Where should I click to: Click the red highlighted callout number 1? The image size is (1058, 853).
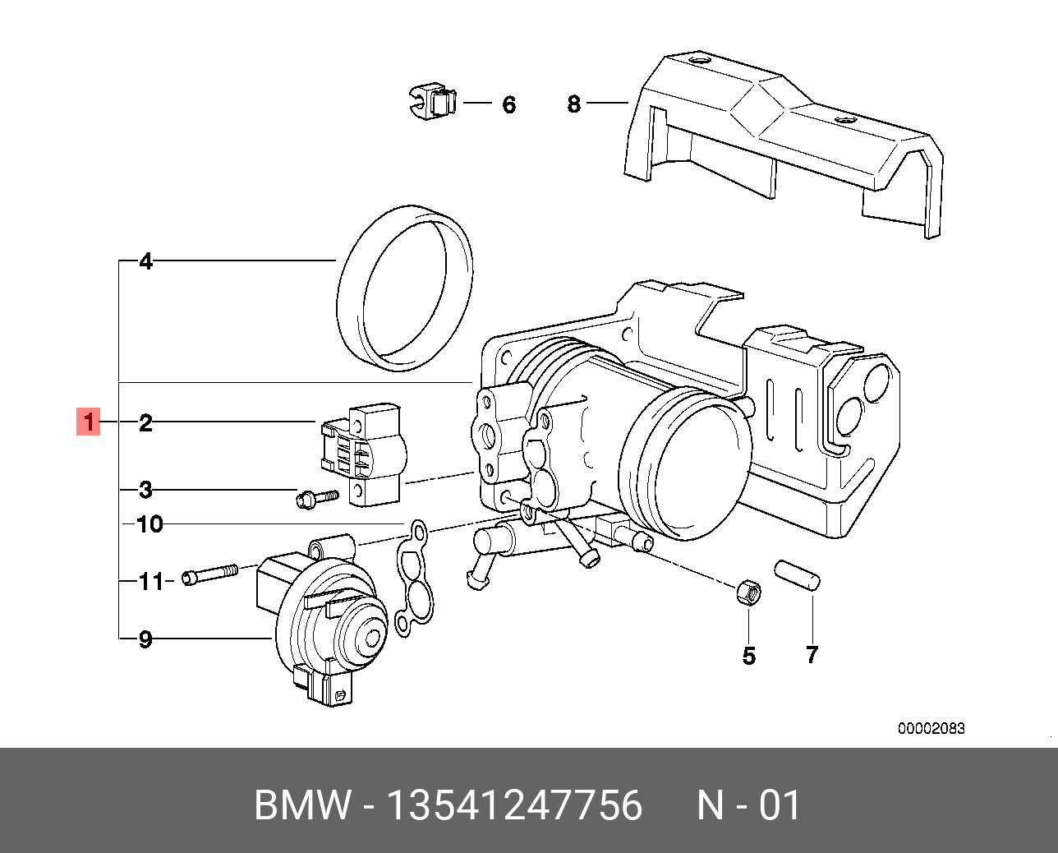pos(89,422)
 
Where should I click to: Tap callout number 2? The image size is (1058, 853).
pos(145,422)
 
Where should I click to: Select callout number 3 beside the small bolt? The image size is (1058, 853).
pos(145,490)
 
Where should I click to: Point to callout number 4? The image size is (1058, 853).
pos(146,261)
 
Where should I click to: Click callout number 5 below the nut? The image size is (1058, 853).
pos(749,656)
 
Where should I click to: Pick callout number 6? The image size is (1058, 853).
pos(508,105)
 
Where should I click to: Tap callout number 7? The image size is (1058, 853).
pos(812,655)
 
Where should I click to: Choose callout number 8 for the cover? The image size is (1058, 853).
pos(573,104)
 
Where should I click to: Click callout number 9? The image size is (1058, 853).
pos(145,639)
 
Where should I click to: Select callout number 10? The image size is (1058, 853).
pos(150,524)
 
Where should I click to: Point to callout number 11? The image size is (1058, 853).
pos(151,582)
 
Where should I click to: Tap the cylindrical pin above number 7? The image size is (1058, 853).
pos(797,574)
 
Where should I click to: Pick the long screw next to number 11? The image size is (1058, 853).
pos(210,574)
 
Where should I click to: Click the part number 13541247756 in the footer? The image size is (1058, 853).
pos(515,806)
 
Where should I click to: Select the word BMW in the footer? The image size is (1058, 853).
pos(303,806)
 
